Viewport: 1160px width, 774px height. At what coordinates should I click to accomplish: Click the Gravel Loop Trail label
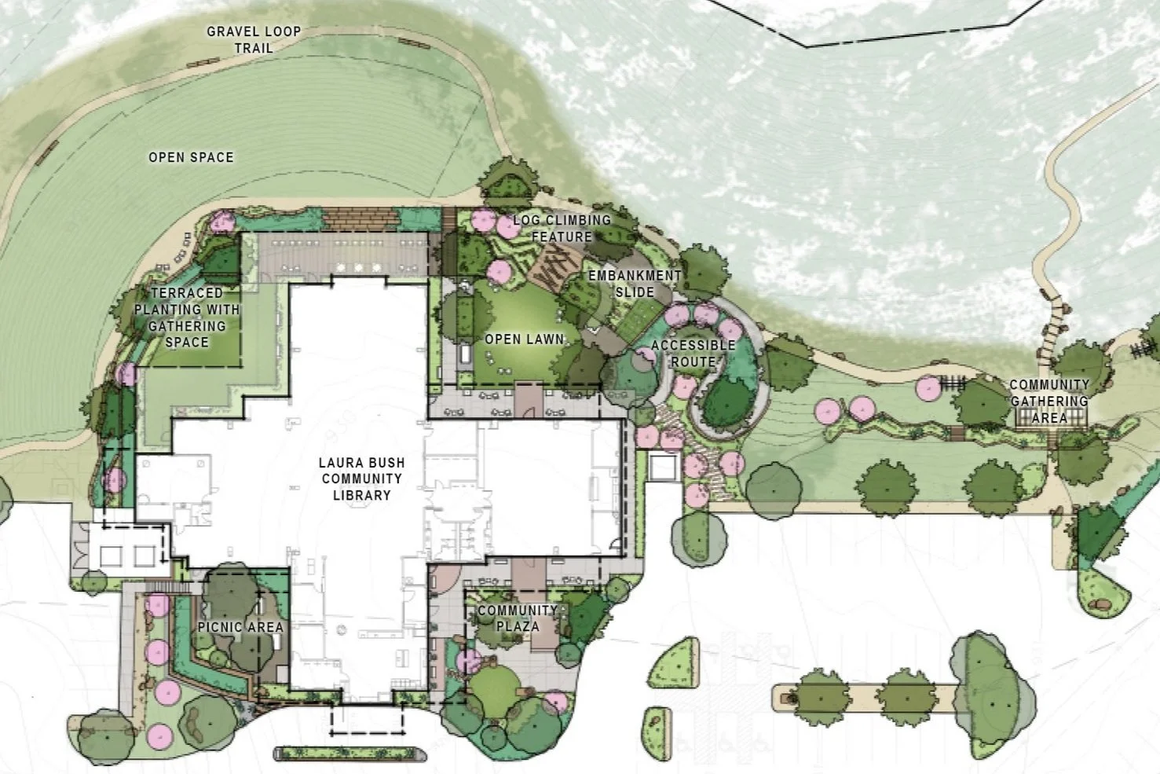coord(254,40)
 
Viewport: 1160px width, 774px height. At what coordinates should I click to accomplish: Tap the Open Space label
coord(191,157)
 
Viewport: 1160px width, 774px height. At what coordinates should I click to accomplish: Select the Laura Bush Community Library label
coord(361,479)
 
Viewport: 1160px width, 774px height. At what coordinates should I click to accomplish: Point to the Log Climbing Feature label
coord(562,228)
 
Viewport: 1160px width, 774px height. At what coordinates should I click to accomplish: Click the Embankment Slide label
coord(635,284)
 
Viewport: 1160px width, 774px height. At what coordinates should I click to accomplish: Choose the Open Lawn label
coord(524,339)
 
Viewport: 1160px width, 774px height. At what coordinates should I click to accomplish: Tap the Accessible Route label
coord(693,353)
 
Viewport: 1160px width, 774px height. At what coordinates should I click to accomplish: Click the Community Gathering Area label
coord(1049,401)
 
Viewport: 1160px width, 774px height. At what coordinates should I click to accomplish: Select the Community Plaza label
coord(518,618)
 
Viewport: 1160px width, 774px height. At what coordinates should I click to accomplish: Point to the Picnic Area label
coord(240,627)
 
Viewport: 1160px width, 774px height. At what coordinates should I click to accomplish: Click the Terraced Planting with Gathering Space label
coord(187,317)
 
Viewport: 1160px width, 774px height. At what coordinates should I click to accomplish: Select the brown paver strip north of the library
coord(361,220)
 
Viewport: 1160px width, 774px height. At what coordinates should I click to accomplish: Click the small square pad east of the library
coord(664,467)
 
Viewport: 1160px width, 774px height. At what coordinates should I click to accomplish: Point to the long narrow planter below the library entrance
coord(349,754)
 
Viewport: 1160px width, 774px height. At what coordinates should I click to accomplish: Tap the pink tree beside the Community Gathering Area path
coord(928,388)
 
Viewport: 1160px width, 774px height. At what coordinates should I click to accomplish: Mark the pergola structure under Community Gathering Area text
coord(1050,417)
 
